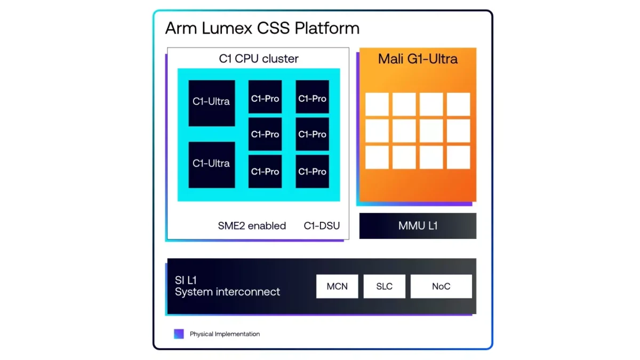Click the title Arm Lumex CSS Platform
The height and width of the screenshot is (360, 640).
click(262, 28)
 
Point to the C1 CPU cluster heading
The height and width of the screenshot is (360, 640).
click(259, 59)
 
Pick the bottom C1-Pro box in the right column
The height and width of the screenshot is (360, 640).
click(313, 171)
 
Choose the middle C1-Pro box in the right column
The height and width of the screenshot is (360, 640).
click(313, 134)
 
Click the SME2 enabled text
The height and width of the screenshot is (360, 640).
click(252, 226)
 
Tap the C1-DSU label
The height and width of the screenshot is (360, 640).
click(322, 226)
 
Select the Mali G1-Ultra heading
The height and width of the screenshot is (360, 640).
click(418, 59)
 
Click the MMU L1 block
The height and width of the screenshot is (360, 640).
click(418, 226)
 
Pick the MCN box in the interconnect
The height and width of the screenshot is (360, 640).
click(337, 286)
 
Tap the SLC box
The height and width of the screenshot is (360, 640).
click(384, 286)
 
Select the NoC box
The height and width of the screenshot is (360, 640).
click(441, 286)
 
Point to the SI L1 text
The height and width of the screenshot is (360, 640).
click(186, 280)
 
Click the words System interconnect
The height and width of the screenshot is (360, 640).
click(227, 292)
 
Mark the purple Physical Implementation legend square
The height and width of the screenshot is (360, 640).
click(179, 334)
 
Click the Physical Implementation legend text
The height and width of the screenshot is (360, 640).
click(225, 334)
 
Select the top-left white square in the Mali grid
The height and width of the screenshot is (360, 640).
click(377, 104)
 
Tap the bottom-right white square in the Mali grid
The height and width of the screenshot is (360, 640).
click(458, 157)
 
